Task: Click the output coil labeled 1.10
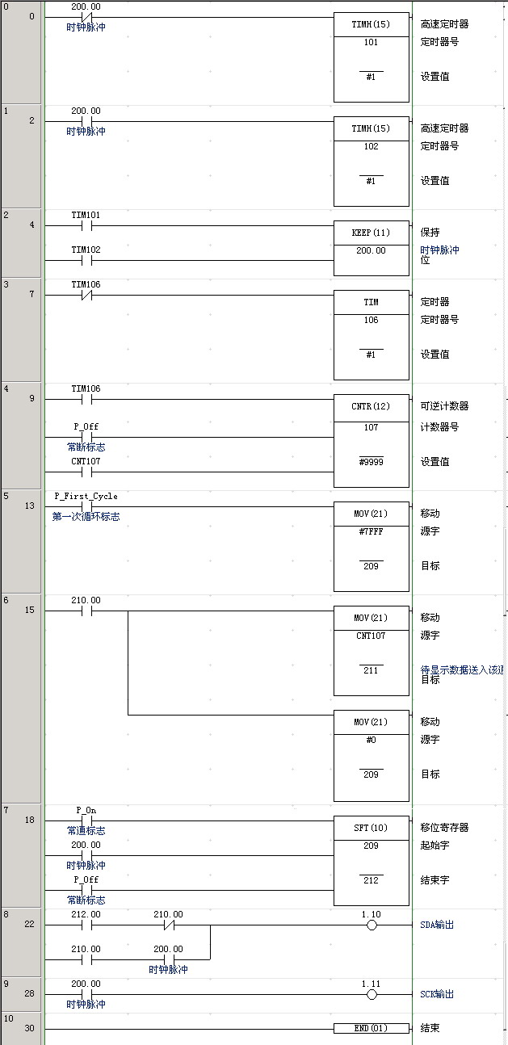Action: pos(372,925)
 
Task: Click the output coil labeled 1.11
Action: pos(372,995)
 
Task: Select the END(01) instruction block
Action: pos(372,1028)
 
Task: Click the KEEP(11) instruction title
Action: pos(371,233)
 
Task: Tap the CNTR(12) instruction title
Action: pos(371,406)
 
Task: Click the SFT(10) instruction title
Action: pos(371,828)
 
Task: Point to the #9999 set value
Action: pos(371,462)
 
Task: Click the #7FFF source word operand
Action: pos(371,531)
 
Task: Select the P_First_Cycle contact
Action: pos(86,506)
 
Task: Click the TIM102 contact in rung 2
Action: pos(86,261)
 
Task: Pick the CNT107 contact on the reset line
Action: pos(86,472)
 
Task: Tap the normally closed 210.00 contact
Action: pos(169,925)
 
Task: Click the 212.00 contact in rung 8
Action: pos(86,925)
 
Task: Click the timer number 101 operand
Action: pos(371,43)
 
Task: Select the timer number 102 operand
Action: pos(371,146)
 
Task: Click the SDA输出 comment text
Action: pos(437,925)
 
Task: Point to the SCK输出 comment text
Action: pos(437,994)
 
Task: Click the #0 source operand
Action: pos(371,740)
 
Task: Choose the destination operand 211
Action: pos(371,670)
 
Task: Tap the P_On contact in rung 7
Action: pos(86,820)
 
